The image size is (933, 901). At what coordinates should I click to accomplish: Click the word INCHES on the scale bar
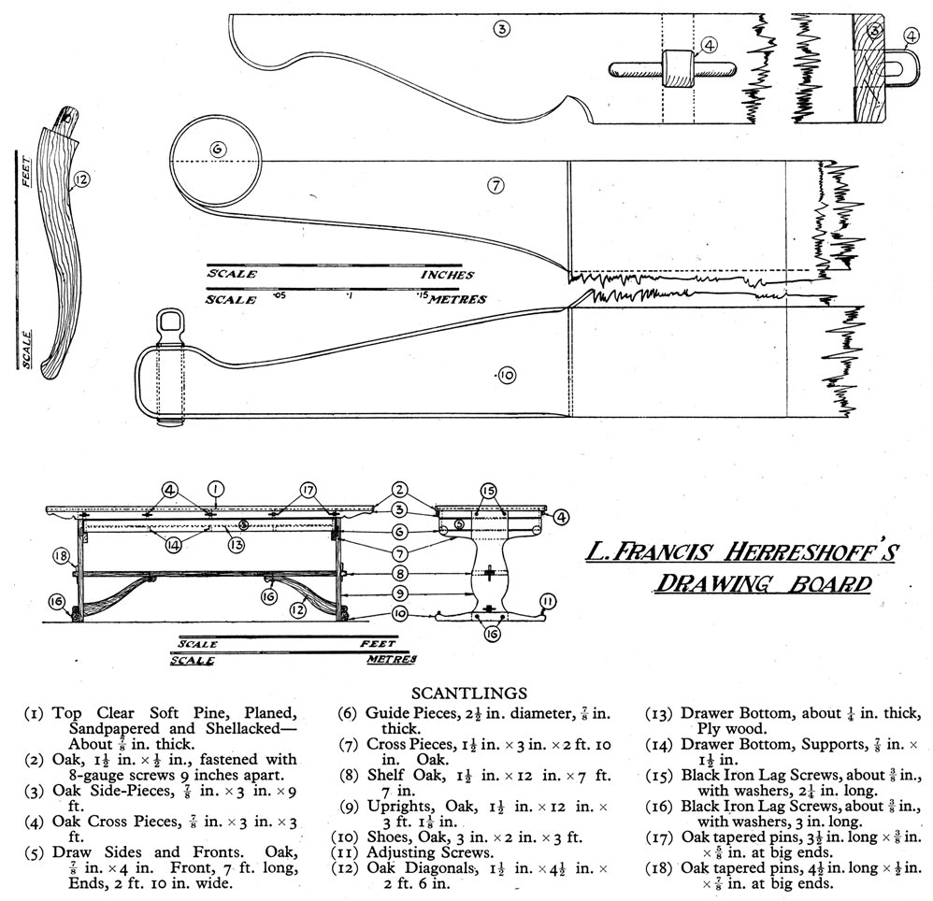[x=447, y=276]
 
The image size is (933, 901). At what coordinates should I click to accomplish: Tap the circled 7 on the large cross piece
[x=496, y=185]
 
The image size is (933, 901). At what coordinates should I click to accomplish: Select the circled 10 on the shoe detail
[x=506, y=376]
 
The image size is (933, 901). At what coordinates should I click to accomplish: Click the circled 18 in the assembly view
[x=62, y=557]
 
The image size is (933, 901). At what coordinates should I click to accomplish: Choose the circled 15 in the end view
[x=489, y=490]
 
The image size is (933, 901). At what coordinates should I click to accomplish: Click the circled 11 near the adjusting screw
[x=548, y=602]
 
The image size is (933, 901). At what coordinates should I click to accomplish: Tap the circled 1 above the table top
[x=215, y=488]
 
